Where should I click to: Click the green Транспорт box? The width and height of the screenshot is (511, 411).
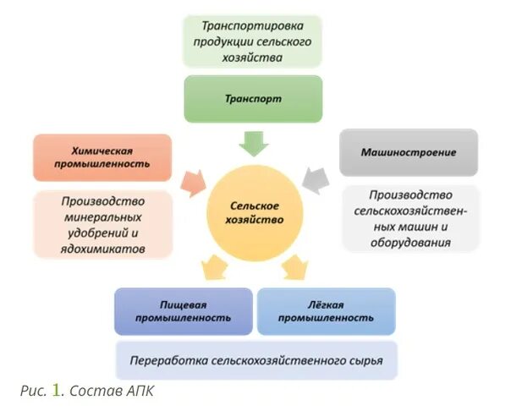[x=254, y=99]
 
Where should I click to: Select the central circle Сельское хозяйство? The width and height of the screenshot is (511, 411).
[x=255, y=211]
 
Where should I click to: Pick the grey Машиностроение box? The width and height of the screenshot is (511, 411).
[x=409, y=153]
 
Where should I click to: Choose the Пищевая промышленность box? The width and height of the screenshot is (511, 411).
[x=184, y=311]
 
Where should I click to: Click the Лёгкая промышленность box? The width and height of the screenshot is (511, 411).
[x=327, y=311]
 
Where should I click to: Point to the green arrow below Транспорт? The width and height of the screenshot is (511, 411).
[x=254, y=142]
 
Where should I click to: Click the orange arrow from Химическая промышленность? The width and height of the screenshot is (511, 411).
[x=195, y=180]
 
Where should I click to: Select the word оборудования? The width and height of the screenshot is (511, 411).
[x=409, y=242]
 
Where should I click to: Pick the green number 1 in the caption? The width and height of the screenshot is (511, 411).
[x=57, y=390]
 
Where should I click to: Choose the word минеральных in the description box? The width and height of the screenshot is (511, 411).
[x=103, y=217]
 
